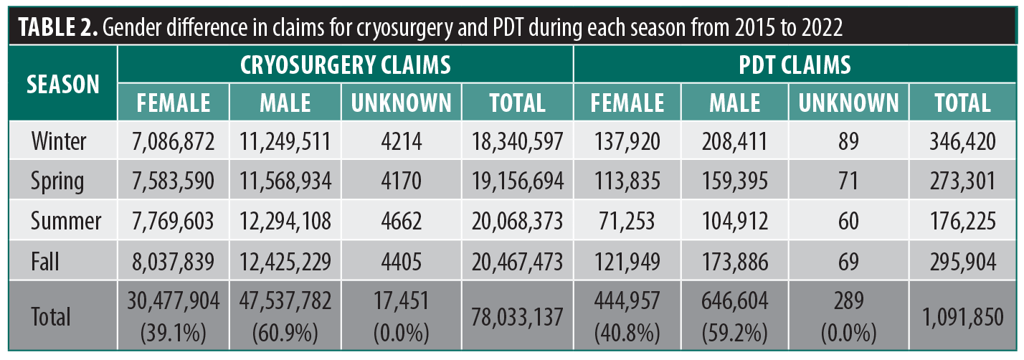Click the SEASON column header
click(x=62, y=84)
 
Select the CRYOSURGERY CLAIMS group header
click(x=345, y=65)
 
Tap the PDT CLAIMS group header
click(x=795, y=65)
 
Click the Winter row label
click(x=58, y=142)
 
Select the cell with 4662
click(x=401, y=222)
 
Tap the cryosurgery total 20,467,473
click(x=517, y=262)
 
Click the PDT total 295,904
click(x=962, y=262)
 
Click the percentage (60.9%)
click(x=285, y=333)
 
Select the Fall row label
click(x=45, y=262)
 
